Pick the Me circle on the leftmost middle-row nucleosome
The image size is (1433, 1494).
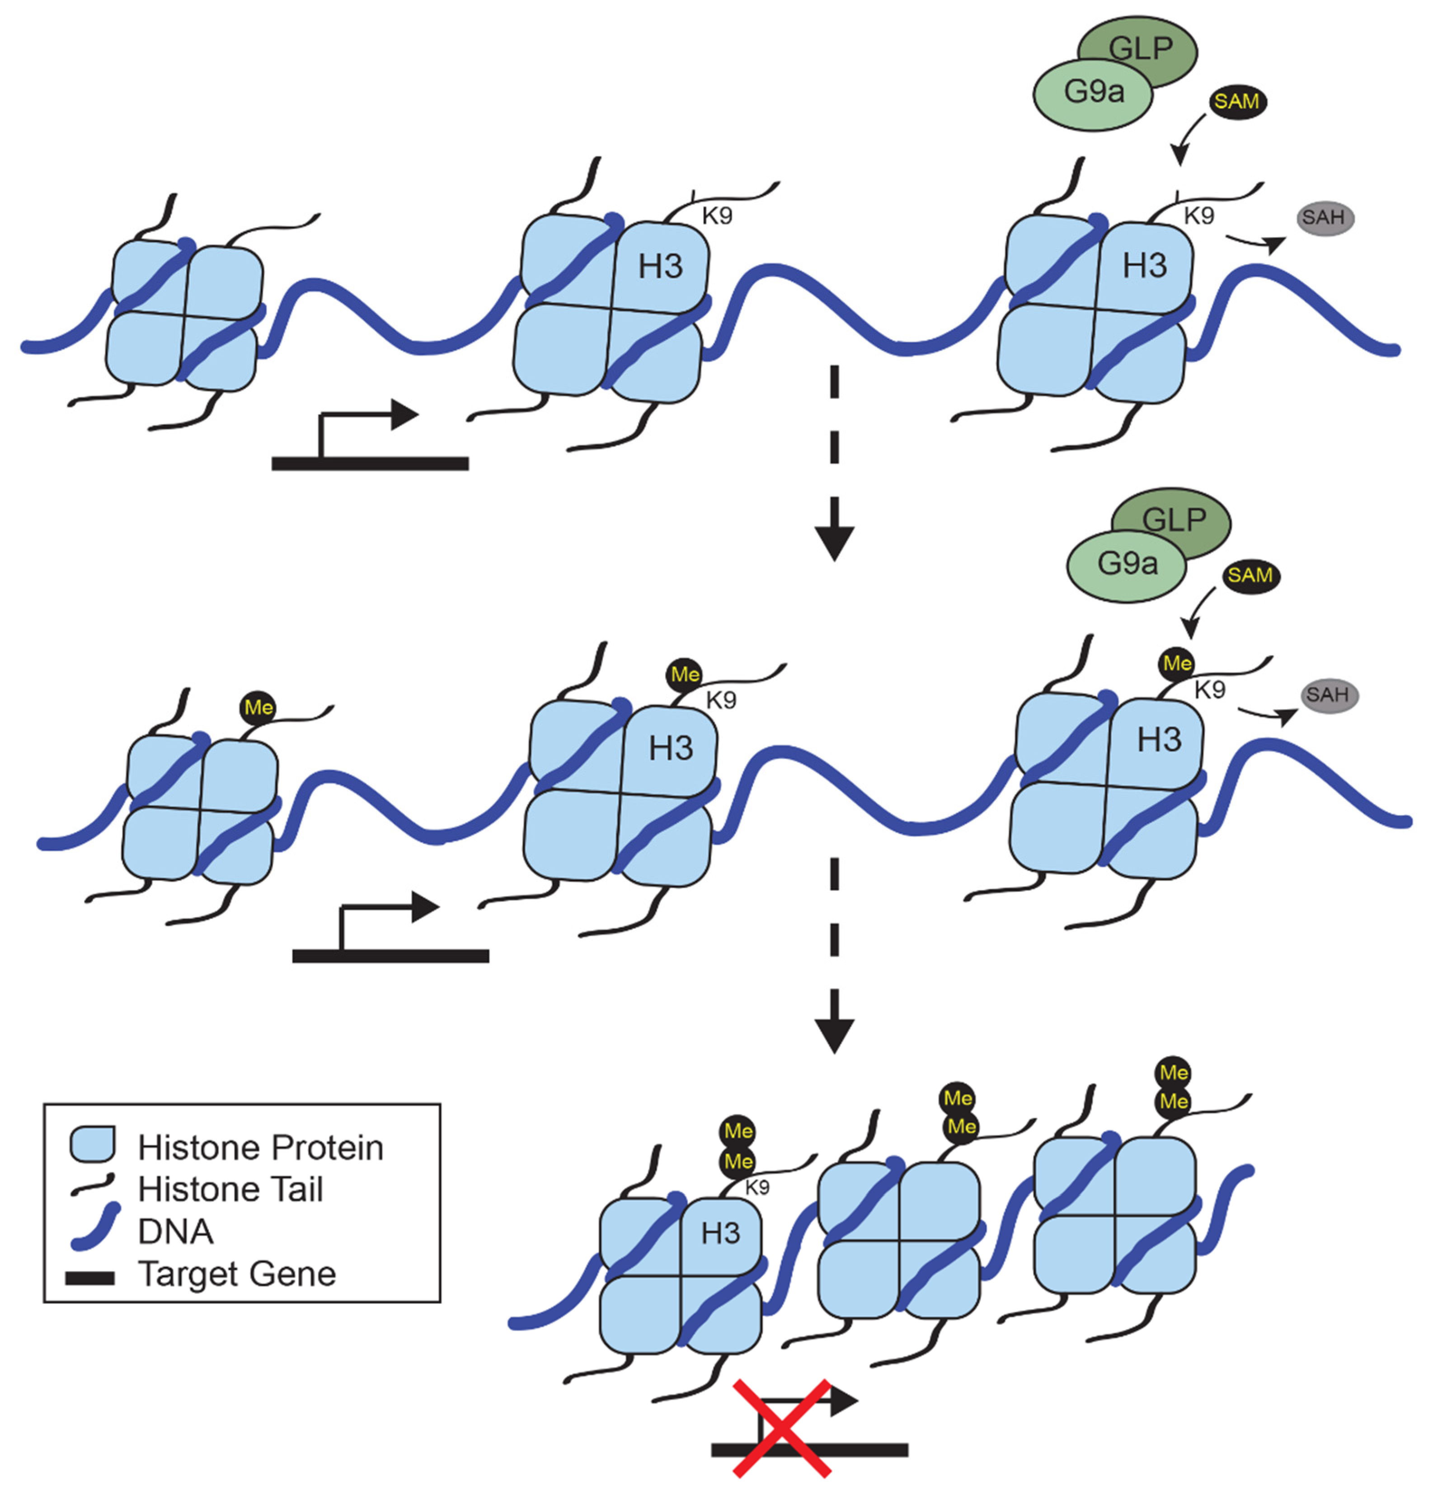point(258,707)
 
